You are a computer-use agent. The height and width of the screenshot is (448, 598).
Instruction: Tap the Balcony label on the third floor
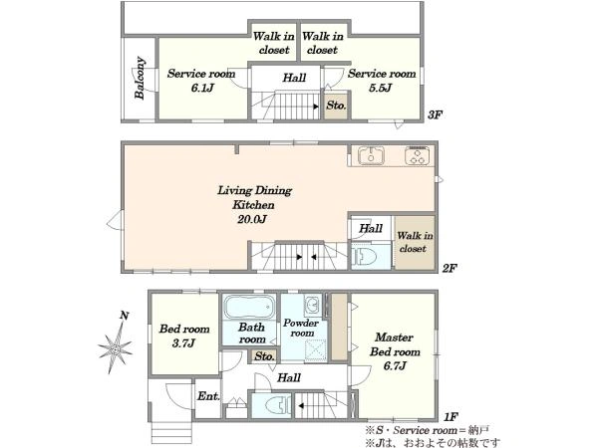[x=140, y=78]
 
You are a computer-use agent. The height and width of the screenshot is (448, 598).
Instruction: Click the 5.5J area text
[x=381, y=88]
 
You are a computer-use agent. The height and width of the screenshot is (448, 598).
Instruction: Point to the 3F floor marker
[x=435, y=114]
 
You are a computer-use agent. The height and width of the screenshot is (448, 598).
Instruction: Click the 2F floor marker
[x=449, y=268]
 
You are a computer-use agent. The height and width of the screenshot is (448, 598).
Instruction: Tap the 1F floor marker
[x=450, y=417]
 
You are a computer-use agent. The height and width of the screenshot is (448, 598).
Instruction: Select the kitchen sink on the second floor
[x=371, y=155]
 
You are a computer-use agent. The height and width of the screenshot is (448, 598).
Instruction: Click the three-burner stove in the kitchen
[x=418, y=155]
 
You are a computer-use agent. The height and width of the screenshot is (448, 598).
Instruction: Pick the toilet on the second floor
[x=364, y=256]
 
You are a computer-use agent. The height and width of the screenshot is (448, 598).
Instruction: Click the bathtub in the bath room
[x=249, y=307]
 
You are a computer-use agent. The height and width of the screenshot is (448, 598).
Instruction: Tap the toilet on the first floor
[x=281, y=405]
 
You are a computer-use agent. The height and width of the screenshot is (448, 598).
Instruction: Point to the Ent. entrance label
[x=208, y=396]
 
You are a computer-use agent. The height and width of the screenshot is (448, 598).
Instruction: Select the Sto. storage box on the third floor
[x=337, y=105]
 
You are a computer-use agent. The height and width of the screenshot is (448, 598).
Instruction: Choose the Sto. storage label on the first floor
[x=265, y=356]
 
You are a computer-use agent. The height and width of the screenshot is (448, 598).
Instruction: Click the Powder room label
[x=301, y=328]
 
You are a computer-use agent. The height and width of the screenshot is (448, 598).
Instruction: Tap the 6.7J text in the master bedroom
[x=395, y=366]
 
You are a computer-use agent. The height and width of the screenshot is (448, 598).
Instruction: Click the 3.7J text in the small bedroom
[x=184, y=343]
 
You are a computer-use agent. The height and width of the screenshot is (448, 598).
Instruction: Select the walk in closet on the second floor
[x=415, y=242]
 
